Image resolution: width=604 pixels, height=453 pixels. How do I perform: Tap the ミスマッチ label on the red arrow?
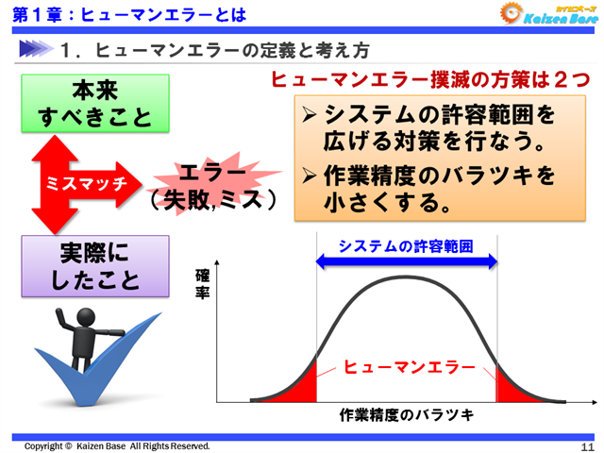point(86,184)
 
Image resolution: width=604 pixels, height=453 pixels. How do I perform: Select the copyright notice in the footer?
point(117,445)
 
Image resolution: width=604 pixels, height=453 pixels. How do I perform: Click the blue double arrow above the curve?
point(407,263)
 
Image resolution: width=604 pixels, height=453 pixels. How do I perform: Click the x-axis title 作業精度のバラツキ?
point(406,415)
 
